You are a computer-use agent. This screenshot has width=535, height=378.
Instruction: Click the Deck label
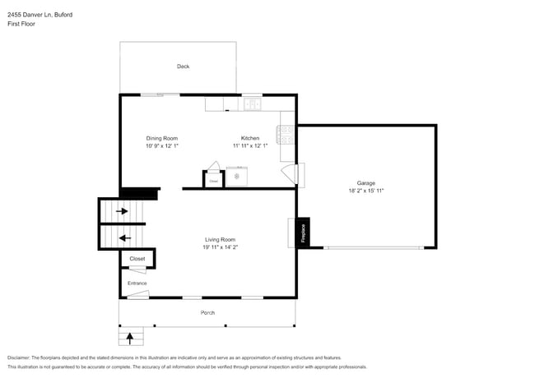point(183,67)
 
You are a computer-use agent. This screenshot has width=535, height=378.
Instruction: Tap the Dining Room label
point(162,138)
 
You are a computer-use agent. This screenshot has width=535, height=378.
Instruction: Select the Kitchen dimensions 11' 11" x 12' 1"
point(250,146)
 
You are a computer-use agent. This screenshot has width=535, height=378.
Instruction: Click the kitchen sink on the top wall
point(252,104)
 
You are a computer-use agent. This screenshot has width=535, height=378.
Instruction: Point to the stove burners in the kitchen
point(286,133)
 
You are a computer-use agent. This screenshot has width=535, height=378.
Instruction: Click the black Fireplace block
point(302,232)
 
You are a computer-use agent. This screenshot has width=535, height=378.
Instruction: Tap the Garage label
point(365,182)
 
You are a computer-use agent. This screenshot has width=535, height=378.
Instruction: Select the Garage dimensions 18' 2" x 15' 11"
point(365,191)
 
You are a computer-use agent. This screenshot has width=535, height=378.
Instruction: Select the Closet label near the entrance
point(137,259)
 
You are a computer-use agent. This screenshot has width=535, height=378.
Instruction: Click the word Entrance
point(137,283)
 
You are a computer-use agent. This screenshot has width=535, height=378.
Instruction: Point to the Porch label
point(208,313)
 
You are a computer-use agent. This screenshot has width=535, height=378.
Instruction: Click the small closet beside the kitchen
point(213,180)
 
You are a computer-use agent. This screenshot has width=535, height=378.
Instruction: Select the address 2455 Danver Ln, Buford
point(38,14)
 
